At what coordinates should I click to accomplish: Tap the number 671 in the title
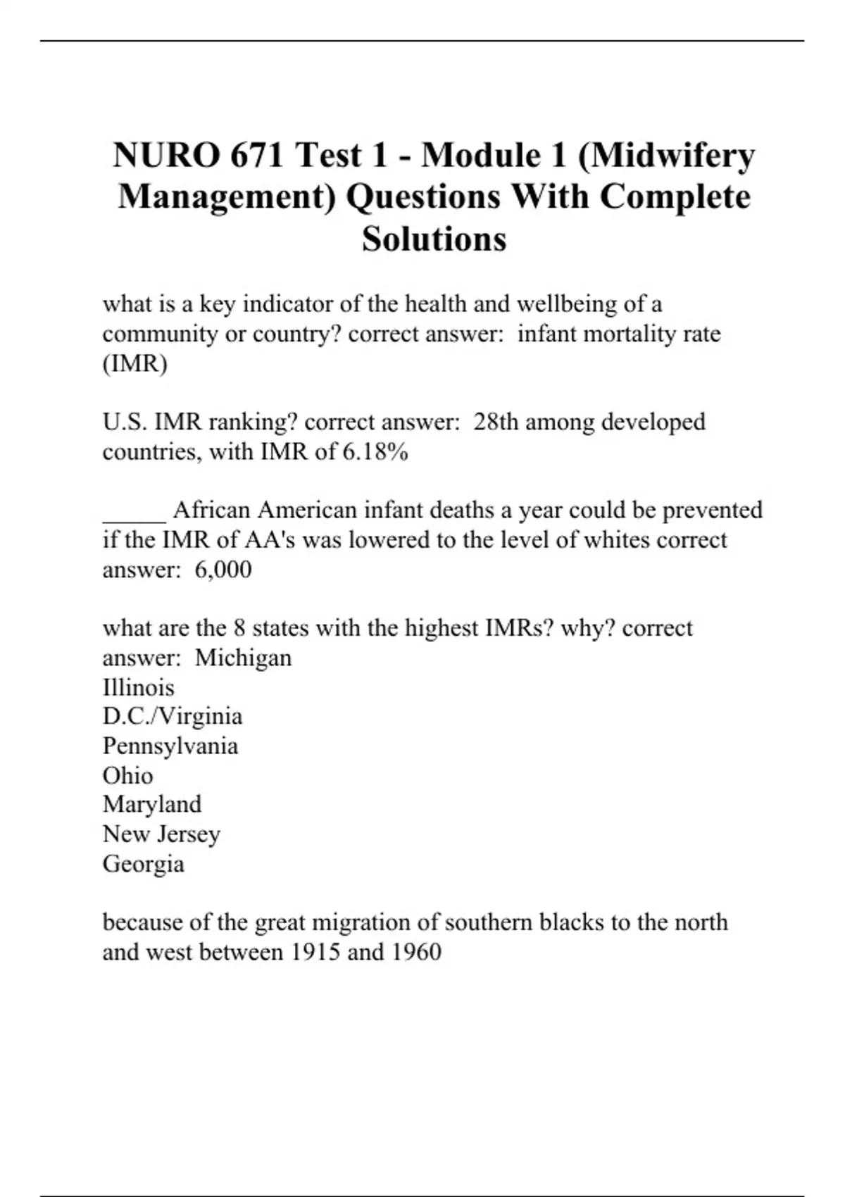pos(259,155)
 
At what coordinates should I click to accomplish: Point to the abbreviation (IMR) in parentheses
pos(135,363)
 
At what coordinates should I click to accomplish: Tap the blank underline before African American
pos(134,511)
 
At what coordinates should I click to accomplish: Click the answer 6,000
pos(223,569)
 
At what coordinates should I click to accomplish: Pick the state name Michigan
pos(243,658)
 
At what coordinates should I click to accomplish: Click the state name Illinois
pos(138,687)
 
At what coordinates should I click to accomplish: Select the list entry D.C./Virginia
pos(173,716)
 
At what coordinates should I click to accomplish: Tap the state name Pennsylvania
pos(170,746)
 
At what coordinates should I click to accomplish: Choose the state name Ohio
pos(127,775)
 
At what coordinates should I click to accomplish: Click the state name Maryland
pos(152,804)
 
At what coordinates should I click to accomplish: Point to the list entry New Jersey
pos(161,834)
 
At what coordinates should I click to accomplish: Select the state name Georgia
pos(144,863)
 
